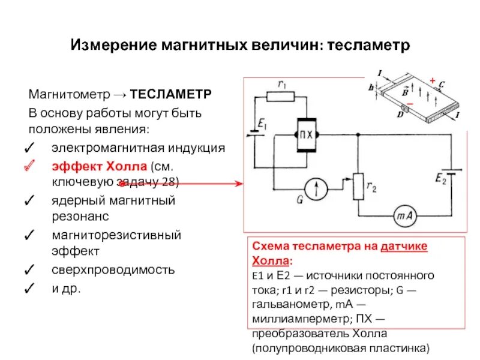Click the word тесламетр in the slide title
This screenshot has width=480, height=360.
pyautogui.click(x=370, y=45)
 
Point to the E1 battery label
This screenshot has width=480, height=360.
pyautogui.click(x=263, y=125)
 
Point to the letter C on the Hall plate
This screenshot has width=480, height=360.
pyautogui.click(x=442, y=84)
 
